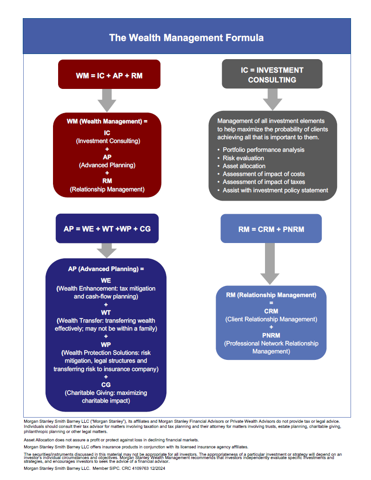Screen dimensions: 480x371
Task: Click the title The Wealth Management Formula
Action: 186,37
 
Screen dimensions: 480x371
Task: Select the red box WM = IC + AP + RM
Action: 109,74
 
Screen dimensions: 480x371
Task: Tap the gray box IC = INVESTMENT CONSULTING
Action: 272,74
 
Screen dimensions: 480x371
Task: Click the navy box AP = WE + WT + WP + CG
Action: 107,229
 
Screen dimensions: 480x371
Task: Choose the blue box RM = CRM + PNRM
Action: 271,229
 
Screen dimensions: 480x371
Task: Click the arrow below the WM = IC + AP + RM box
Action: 107,100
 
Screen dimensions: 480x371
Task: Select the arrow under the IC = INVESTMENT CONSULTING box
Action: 272,99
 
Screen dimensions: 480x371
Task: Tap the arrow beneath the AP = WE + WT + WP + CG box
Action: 107,250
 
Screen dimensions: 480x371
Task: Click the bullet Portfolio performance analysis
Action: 263,150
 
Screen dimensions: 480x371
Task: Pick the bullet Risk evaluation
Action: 244,158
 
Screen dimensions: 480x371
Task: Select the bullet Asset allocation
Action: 244,166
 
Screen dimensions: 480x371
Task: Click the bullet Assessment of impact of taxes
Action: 264,182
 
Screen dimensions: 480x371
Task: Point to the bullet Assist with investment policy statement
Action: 275,190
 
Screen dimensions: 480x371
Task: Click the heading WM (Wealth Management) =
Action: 107,122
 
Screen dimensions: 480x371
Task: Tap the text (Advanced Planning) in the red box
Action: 107,165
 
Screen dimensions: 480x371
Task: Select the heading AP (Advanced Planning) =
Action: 106,269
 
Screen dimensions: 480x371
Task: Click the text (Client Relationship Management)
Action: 271,319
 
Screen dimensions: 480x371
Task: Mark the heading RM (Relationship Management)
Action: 271,295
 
